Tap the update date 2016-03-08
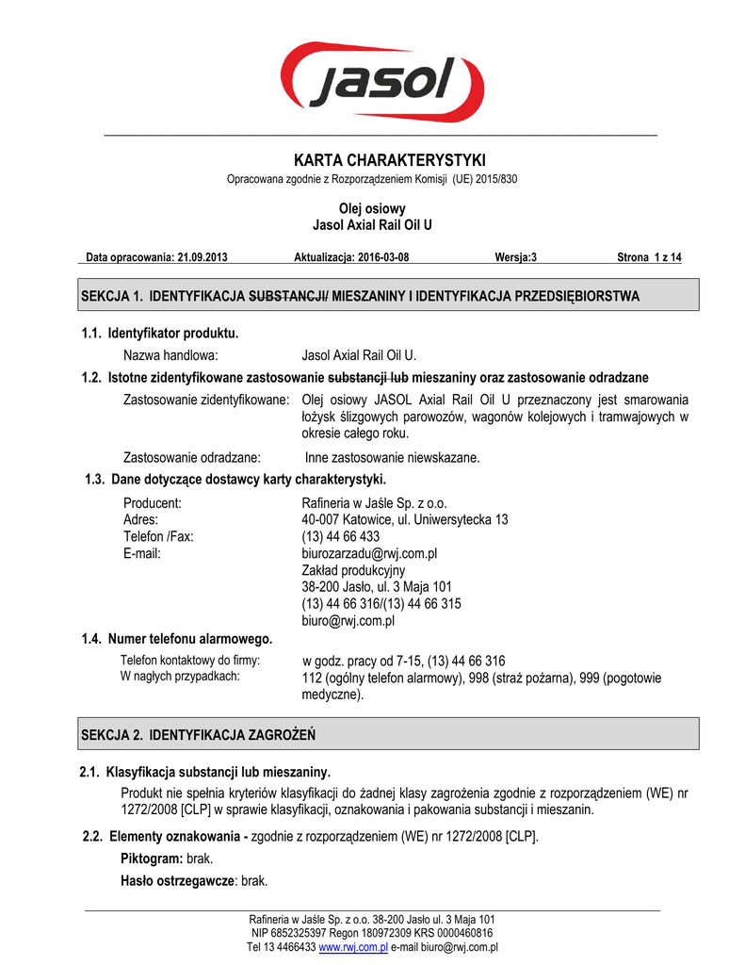378,257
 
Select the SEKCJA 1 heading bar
389,295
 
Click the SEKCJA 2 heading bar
389,733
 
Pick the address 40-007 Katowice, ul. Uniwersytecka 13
404,519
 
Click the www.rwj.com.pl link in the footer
354,947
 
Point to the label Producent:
152,502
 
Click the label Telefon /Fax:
158,536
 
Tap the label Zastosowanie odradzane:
192,458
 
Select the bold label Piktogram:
153,859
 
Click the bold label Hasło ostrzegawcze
177,881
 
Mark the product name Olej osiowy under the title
372,208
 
